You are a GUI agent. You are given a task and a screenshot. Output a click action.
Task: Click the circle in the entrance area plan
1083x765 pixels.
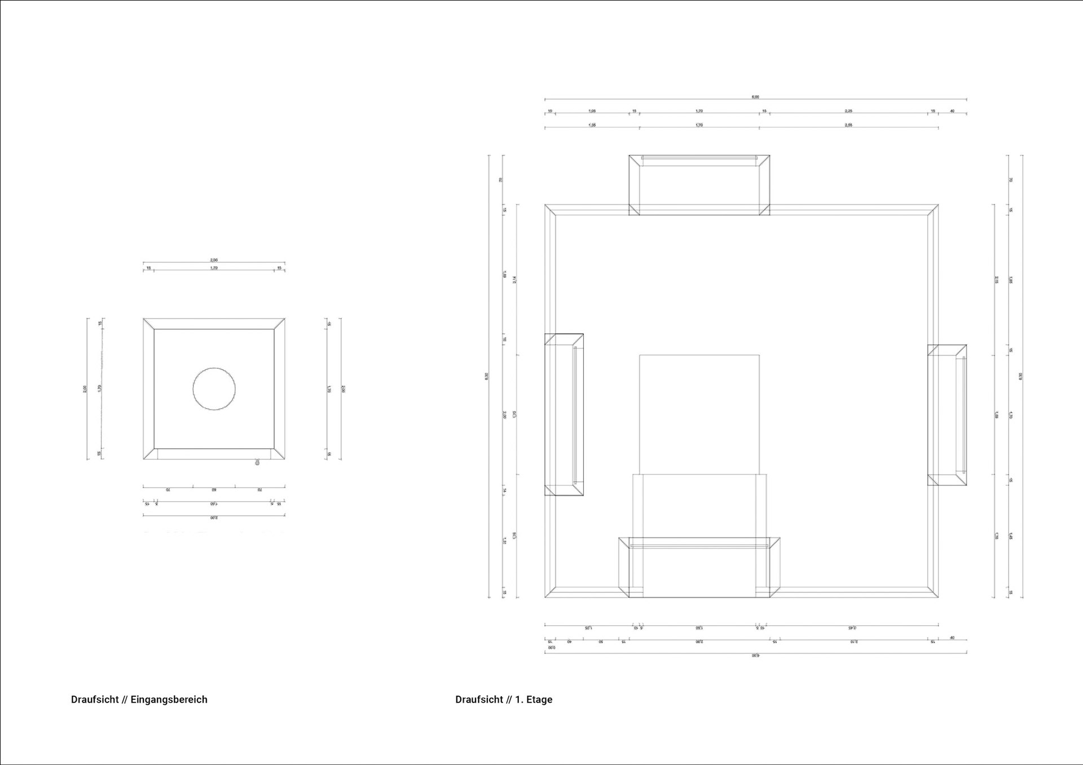tap(214, 389)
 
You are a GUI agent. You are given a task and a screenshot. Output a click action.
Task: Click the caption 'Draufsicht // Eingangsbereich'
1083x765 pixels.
tap(139, 700)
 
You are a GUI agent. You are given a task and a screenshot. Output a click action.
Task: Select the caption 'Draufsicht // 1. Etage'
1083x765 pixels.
tap(504, 700)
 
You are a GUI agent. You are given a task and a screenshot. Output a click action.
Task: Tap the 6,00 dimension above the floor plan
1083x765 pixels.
tap(755, 97)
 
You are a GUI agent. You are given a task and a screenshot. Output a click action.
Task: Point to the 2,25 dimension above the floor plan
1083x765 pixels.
tap(848, 111)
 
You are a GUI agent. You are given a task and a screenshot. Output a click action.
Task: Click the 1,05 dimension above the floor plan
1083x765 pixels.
tap(592, 111)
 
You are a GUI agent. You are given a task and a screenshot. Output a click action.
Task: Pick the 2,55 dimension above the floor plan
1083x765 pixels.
tap(848, 125)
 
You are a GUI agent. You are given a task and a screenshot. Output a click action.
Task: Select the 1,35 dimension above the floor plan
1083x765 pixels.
tap(592, 125)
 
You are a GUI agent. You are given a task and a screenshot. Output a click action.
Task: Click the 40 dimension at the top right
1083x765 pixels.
tap(952, 111)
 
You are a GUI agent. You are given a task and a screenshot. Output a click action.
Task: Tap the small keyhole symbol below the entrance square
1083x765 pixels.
tap(258, 462)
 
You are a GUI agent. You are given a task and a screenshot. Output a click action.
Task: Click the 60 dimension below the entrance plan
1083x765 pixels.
tap(214, 489)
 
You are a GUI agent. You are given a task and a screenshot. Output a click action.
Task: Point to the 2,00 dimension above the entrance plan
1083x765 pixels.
tap(214, 260)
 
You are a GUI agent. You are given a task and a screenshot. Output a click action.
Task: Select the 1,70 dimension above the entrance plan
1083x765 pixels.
tap(214, 268)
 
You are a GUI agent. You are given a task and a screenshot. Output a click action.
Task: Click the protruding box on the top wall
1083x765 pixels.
tap(699, 185)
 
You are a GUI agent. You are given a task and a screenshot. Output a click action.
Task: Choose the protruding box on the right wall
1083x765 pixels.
tap(947, 415)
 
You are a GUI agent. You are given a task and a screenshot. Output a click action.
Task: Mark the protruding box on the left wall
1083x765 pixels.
tap(564, 414)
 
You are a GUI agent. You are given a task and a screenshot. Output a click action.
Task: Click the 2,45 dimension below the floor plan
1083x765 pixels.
tap(852, 627)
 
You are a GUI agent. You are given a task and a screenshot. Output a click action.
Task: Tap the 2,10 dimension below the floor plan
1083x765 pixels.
tap(854, 642)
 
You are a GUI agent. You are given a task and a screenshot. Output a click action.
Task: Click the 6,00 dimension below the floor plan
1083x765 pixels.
tap(755, 656)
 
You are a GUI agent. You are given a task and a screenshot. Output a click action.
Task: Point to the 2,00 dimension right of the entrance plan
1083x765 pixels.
tap(343, 389)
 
